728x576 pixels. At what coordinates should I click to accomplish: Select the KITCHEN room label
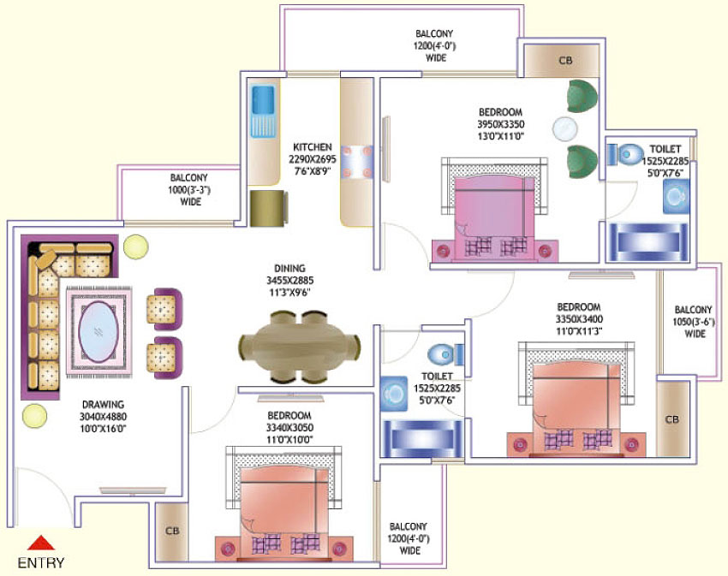[x=312, y=146]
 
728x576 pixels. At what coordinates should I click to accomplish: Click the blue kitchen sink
[x=261, y=111]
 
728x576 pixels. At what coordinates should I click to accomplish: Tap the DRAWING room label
[x=104, y=404]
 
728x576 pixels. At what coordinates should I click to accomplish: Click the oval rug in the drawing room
[x=99, y=331]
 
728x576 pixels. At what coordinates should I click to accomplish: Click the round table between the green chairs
[x=564, y=128]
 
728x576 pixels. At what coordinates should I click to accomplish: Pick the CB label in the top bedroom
[x=564, y=61]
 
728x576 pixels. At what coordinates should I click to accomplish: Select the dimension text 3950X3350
[x=501, y=124]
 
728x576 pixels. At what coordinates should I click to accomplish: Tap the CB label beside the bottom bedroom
[x=171, y=531]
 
